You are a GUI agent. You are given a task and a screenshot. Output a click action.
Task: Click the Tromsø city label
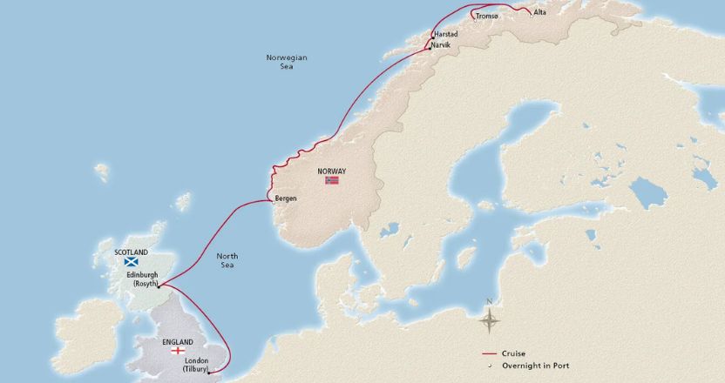tap(487, 16)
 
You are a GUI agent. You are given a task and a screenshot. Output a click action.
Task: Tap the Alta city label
tap(539, 13)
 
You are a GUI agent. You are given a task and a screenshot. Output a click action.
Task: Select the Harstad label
tap(445, 34)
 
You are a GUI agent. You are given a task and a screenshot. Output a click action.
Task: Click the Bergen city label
tap(286, 198)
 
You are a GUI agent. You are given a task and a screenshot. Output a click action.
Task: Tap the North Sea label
tap(226, 260)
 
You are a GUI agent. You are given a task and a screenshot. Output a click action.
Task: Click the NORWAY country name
tap(332, 171)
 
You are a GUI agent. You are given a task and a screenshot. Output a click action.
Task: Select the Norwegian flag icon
tap(332, 181)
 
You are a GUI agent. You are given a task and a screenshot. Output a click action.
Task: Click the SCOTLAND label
tap(131, 252)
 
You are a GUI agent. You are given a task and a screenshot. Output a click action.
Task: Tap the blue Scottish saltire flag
tap(131, 261)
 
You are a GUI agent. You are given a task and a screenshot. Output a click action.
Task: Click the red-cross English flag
tap(179, 351)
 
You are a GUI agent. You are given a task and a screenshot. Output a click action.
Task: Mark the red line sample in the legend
tap(490, 354)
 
